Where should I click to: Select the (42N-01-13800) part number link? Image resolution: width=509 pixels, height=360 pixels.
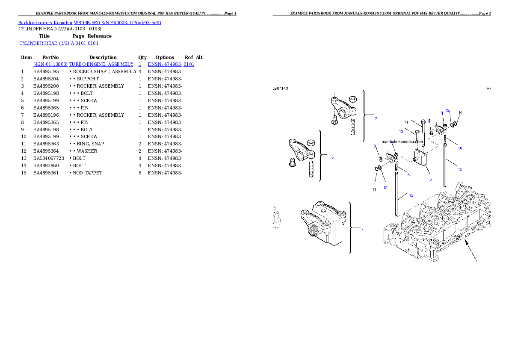(50, 64)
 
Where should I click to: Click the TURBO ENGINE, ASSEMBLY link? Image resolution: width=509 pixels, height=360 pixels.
(101, 64)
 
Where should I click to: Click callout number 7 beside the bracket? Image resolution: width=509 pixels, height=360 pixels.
(376, 118)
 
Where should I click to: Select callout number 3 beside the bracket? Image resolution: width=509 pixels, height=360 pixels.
(332, 157)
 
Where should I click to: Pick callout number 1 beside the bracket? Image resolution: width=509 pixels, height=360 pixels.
(363, 230)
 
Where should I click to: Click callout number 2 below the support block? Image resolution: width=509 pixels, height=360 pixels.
(431, 180)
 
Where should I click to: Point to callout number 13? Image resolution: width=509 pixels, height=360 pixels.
(401, 132)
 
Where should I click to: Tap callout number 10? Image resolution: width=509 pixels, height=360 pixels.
(460, 148)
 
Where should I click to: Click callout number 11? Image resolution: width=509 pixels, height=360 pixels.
(374, 189)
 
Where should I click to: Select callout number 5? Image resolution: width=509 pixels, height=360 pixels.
(408, 175)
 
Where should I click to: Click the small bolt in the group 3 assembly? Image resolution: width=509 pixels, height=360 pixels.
(293, 162)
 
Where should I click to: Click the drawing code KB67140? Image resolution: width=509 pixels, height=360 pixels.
(281, 89)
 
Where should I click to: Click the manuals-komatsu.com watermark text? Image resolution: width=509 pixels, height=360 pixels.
(402, 142)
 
